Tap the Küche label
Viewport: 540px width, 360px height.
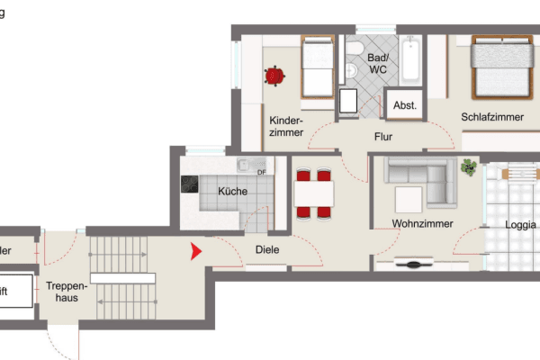(x=232, y=191)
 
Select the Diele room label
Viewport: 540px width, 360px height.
(x=267, y=250)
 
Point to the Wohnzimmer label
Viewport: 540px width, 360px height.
(x=422, y=224)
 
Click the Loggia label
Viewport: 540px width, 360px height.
(x=521, y=225)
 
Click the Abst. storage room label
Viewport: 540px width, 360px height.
(x=405, y=105)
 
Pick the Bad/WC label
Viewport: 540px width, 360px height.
(x=378, y=63)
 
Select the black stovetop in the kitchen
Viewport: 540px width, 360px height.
(x=191, y=184)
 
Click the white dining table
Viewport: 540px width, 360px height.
(x=314, y=193)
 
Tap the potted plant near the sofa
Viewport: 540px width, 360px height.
(x=469, y=166)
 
